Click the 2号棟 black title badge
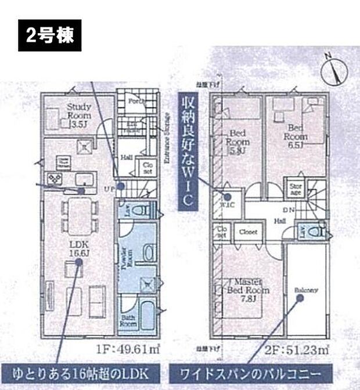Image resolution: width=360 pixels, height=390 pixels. [49, 35]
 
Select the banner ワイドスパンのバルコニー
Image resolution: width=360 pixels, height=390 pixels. [250, 371]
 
